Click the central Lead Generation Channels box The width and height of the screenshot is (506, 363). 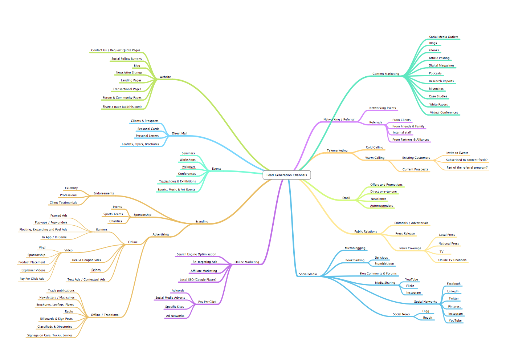[x=286, y=175]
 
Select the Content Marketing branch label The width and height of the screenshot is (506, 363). [x=385, y=74]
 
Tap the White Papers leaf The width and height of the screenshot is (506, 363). [x=438, y=105]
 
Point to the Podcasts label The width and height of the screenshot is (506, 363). [x=435, y=73]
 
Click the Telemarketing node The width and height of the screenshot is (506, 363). [x=337, y=150]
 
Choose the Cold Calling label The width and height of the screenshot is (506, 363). [x=374, y=148]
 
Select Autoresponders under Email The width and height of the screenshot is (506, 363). [x=381, y=206]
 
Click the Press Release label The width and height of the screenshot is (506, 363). [x=405, y=234]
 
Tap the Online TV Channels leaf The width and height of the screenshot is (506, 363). [x=452, y=260]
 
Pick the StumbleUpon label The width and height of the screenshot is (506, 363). [x=384, y=264]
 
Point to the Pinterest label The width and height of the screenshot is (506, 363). [x=454, y=307]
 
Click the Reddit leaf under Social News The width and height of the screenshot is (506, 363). [x=428, y=318]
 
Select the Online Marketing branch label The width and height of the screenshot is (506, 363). [x=246, y=262]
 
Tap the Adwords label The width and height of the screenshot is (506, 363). [x=178, y=291]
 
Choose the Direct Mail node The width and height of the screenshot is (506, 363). [x=179, y=133]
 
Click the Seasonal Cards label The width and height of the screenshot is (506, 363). [x=148, y=129]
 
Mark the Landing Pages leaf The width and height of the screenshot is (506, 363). [x=131, y=80]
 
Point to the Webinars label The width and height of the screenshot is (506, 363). [x=188, y=167]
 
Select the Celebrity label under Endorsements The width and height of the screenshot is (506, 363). [x=71, y=188]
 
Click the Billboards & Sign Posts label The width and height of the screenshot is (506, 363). [x=56, y=319]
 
